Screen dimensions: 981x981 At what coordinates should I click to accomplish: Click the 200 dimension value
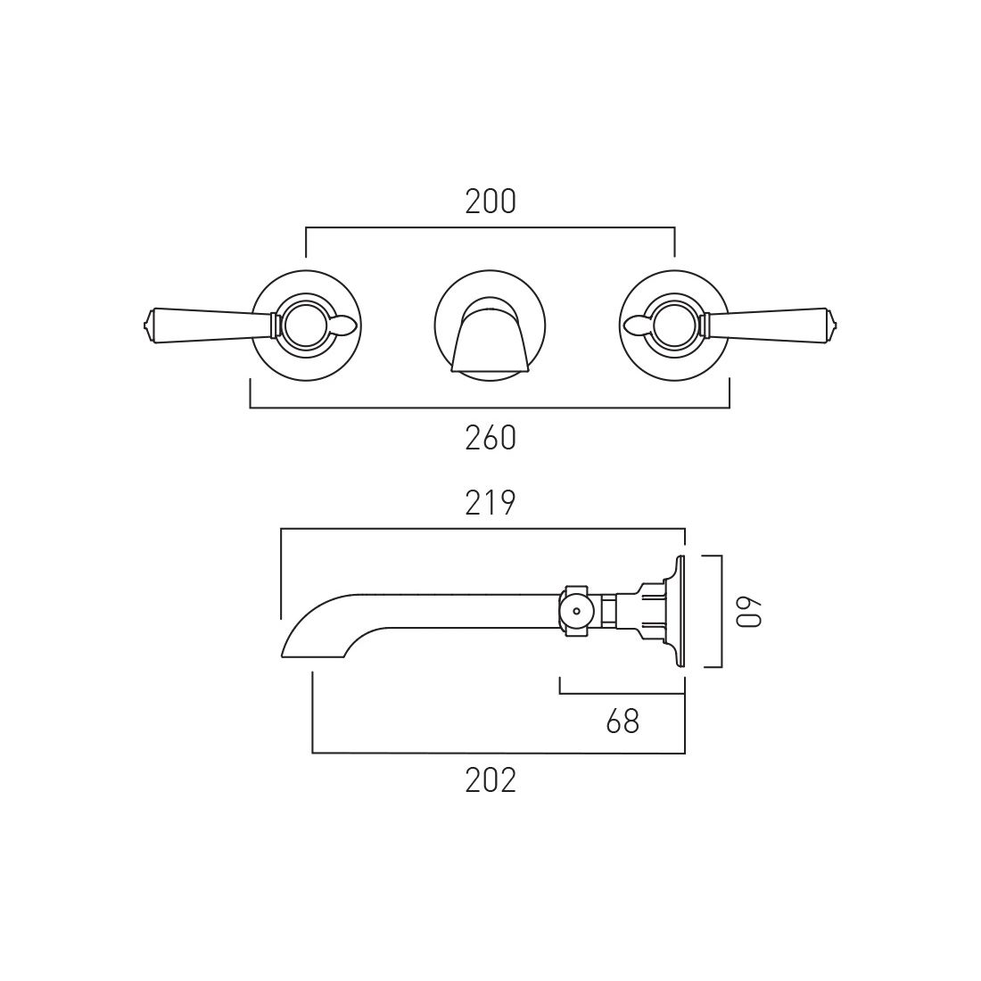pyautogui.click(x=490, y=202)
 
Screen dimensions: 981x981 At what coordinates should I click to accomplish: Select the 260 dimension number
pyautogui.click(x=490, y=438)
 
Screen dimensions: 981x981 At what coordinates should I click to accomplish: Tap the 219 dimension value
pyautogui.click(x=490, y=503)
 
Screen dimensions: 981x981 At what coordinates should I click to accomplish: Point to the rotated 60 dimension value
pyautogui.click(x=749, y=611)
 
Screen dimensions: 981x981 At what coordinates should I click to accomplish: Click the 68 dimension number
pyautogui.click(x=623, y=722)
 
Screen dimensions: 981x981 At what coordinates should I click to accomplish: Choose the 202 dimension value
pyautogui.click(x=490, y=780)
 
